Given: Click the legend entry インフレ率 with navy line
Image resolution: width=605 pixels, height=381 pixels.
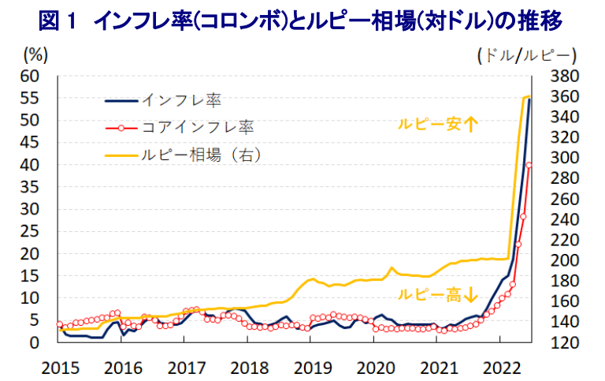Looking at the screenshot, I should click(163, 100).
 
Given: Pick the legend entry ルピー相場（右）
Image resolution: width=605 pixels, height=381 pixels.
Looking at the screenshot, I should click(189, 153).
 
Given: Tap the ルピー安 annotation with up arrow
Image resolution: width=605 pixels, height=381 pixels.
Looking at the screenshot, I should click(437, 124).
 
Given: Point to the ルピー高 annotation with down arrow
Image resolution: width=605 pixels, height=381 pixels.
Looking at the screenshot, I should click(437, 295).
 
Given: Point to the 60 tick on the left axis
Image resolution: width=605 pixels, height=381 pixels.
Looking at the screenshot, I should click(29, 77).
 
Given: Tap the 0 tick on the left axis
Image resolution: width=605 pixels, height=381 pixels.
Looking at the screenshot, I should click(34, 343).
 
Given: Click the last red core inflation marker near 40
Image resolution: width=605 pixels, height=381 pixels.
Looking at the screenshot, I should click(529, 165).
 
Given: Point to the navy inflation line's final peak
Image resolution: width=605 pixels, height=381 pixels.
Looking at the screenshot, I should click(530, 99).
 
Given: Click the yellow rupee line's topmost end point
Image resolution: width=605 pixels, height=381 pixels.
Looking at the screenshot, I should click(529, 95).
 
